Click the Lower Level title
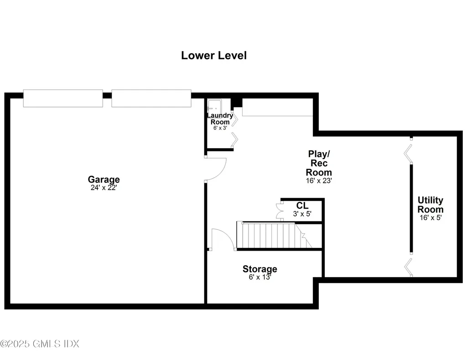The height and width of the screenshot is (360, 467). tap(214, 56)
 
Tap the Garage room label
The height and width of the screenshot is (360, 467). tap(104, 180)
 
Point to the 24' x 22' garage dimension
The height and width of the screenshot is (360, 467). tap(104, 188)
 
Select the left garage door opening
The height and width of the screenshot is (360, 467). tap(63, 98)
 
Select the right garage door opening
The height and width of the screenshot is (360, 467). tap(151, 98)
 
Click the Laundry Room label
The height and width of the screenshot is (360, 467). tap(220, 118)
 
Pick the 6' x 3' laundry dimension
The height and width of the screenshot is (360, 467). tap(220, 128)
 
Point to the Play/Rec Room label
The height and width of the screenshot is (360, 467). tap(319, 163)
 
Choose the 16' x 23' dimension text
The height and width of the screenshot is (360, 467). tap(319, 180)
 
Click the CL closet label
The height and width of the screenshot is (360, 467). tap(302, 206)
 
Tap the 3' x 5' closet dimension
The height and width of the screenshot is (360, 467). tap(302, 214)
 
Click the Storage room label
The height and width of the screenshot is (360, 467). tap(259, 269)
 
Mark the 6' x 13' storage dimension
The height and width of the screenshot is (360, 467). tap(259, 277)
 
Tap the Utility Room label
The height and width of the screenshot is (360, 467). tap(431, 205)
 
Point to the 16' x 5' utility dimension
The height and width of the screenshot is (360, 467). tap(431, 217)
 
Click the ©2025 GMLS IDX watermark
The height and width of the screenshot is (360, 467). tap(40, 344)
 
